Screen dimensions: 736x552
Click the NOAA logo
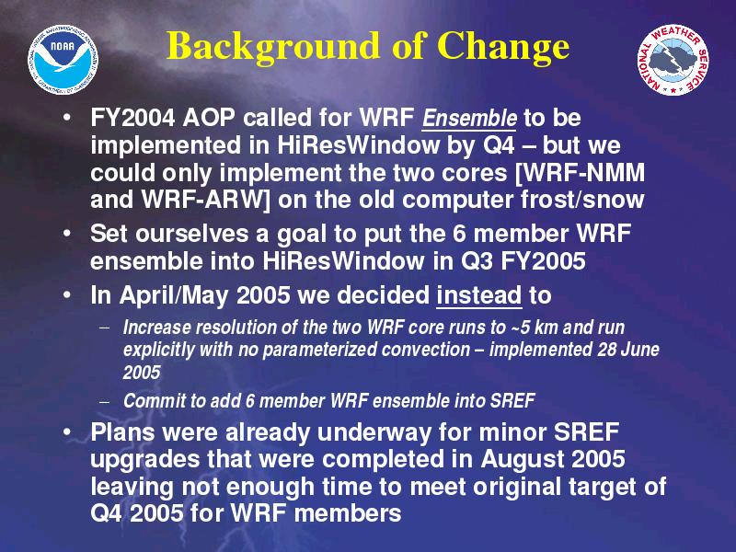(x=63, y=59)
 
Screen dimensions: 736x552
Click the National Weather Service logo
(x=673, y=60)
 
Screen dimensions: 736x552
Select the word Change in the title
(x=502, y=48)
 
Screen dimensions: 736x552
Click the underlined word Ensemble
(x=469, y=119)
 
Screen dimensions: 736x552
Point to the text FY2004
(x=132, y=118)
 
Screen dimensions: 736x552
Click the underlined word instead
(x=478, y=295)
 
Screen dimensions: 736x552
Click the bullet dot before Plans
(x=68, y=431)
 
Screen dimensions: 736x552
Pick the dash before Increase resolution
(x=105, y=328)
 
